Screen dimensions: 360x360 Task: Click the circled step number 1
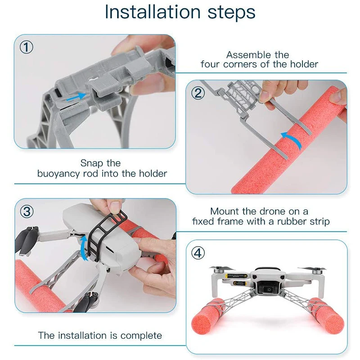[x=27, y=48]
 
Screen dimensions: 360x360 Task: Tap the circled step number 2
[x=198, y=94]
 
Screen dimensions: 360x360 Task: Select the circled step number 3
[x=27, y=211]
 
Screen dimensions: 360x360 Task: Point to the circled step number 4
[x=198, y=253]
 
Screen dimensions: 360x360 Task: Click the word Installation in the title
[x=153, y=12]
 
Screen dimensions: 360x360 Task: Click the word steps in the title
[x=231, y=13]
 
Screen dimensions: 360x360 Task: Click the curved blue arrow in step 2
[x=291, y=140]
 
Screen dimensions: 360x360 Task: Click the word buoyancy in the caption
[x=59, y=174]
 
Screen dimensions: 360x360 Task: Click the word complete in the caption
[x=141, y=336]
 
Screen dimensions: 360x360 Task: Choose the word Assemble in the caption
[x=245, y=55]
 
